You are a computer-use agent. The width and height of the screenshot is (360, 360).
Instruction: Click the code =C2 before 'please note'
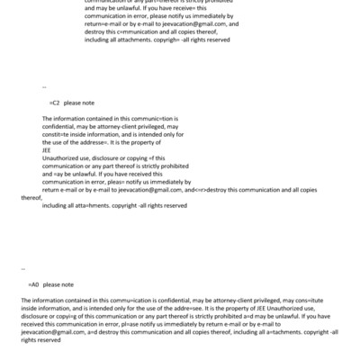click(x=55, y=103)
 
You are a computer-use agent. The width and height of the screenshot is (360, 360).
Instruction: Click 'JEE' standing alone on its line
click(x=48, y=149)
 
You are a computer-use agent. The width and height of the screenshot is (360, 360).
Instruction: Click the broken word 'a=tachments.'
click(x=264, y=333)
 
